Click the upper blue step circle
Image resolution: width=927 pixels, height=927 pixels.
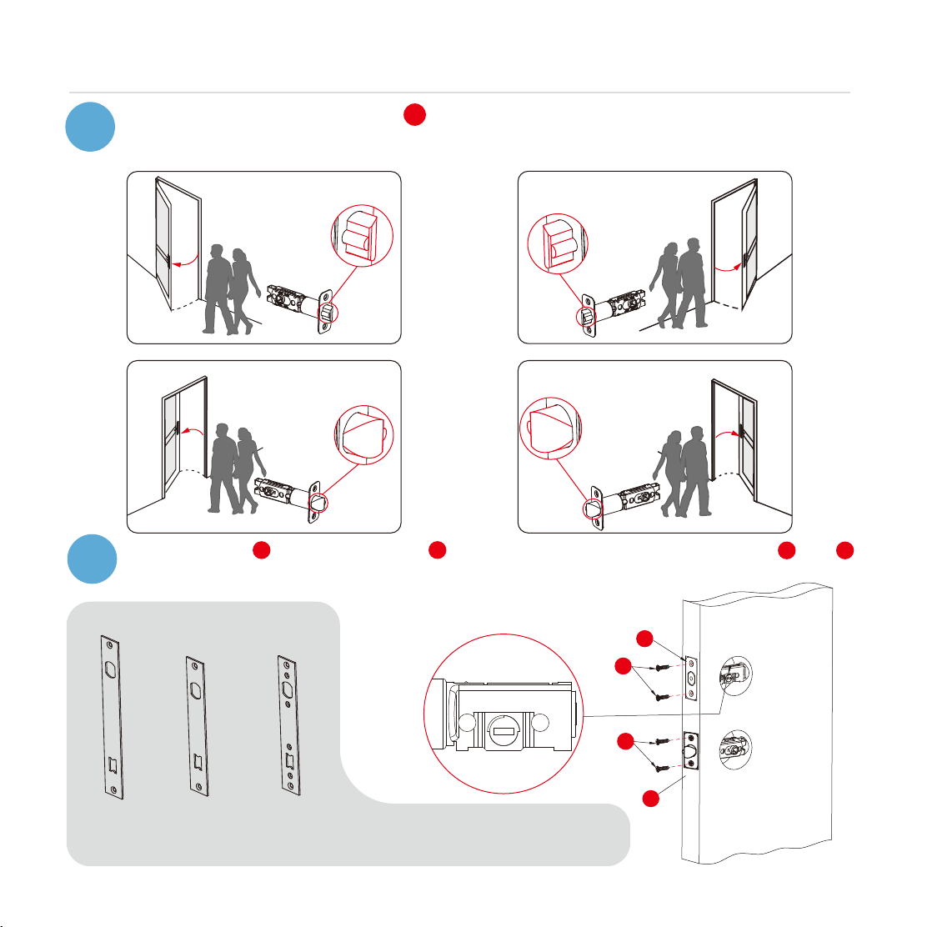point(91,128)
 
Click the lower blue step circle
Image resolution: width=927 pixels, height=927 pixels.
point(91,559)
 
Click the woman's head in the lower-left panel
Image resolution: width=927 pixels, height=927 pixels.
point(244,434)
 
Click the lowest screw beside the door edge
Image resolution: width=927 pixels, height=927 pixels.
point(659,769)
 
